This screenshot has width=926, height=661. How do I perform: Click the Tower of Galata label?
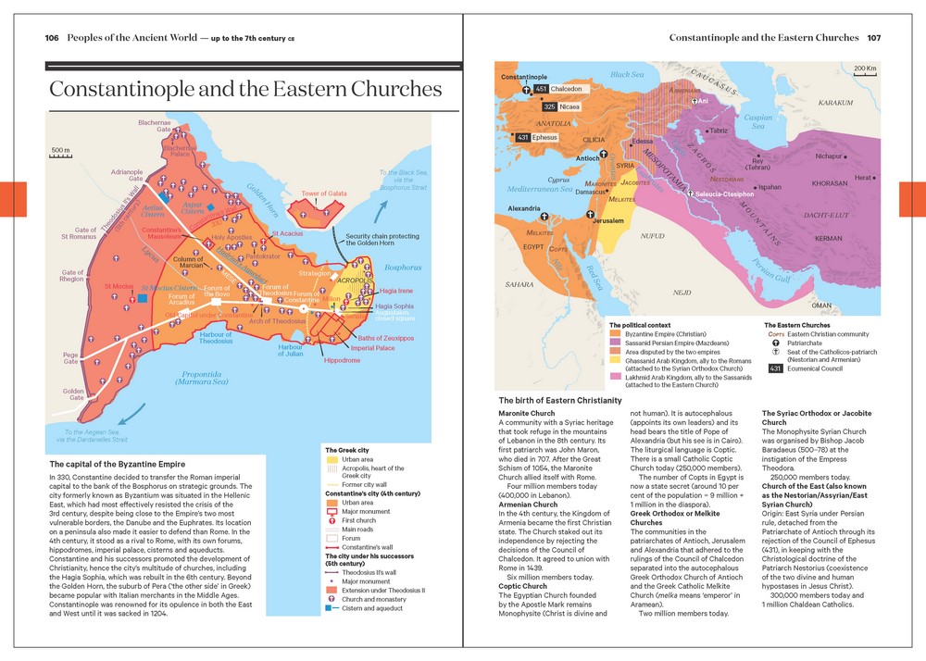click(x=324, y=193)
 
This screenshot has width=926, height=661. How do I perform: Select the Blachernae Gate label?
click(x=155, y=127)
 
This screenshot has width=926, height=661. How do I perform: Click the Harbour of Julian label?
click(x=291, y=350)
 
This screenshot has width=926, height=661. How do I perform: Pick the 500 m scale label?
click(x=60, y=150)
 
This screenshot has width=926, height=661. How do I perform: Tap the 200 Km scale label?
click(x=865, y=69)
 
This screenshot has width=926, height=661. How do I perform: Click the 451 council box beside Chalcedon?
click(x=542, y=89)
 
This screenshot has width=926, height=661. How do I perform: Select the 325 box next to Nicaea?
click(x=550, y=107)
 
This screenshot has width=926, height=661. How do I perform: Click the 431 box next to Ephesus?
click(x=523, y=138)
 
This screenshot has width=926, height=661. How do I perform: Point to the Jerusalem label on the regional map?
click(x=607, y=221)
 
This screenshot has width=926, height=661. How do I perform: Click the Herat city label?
click(x=862, y=178)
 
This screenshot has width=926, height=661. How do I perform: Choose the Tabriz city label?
click(x=720, y=131)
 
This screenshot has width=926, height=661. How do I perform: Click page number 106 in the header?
click(x=52, y=38)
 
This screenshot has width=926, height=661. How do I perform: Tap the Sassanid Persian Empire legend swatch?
click(x=615, y=343)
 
